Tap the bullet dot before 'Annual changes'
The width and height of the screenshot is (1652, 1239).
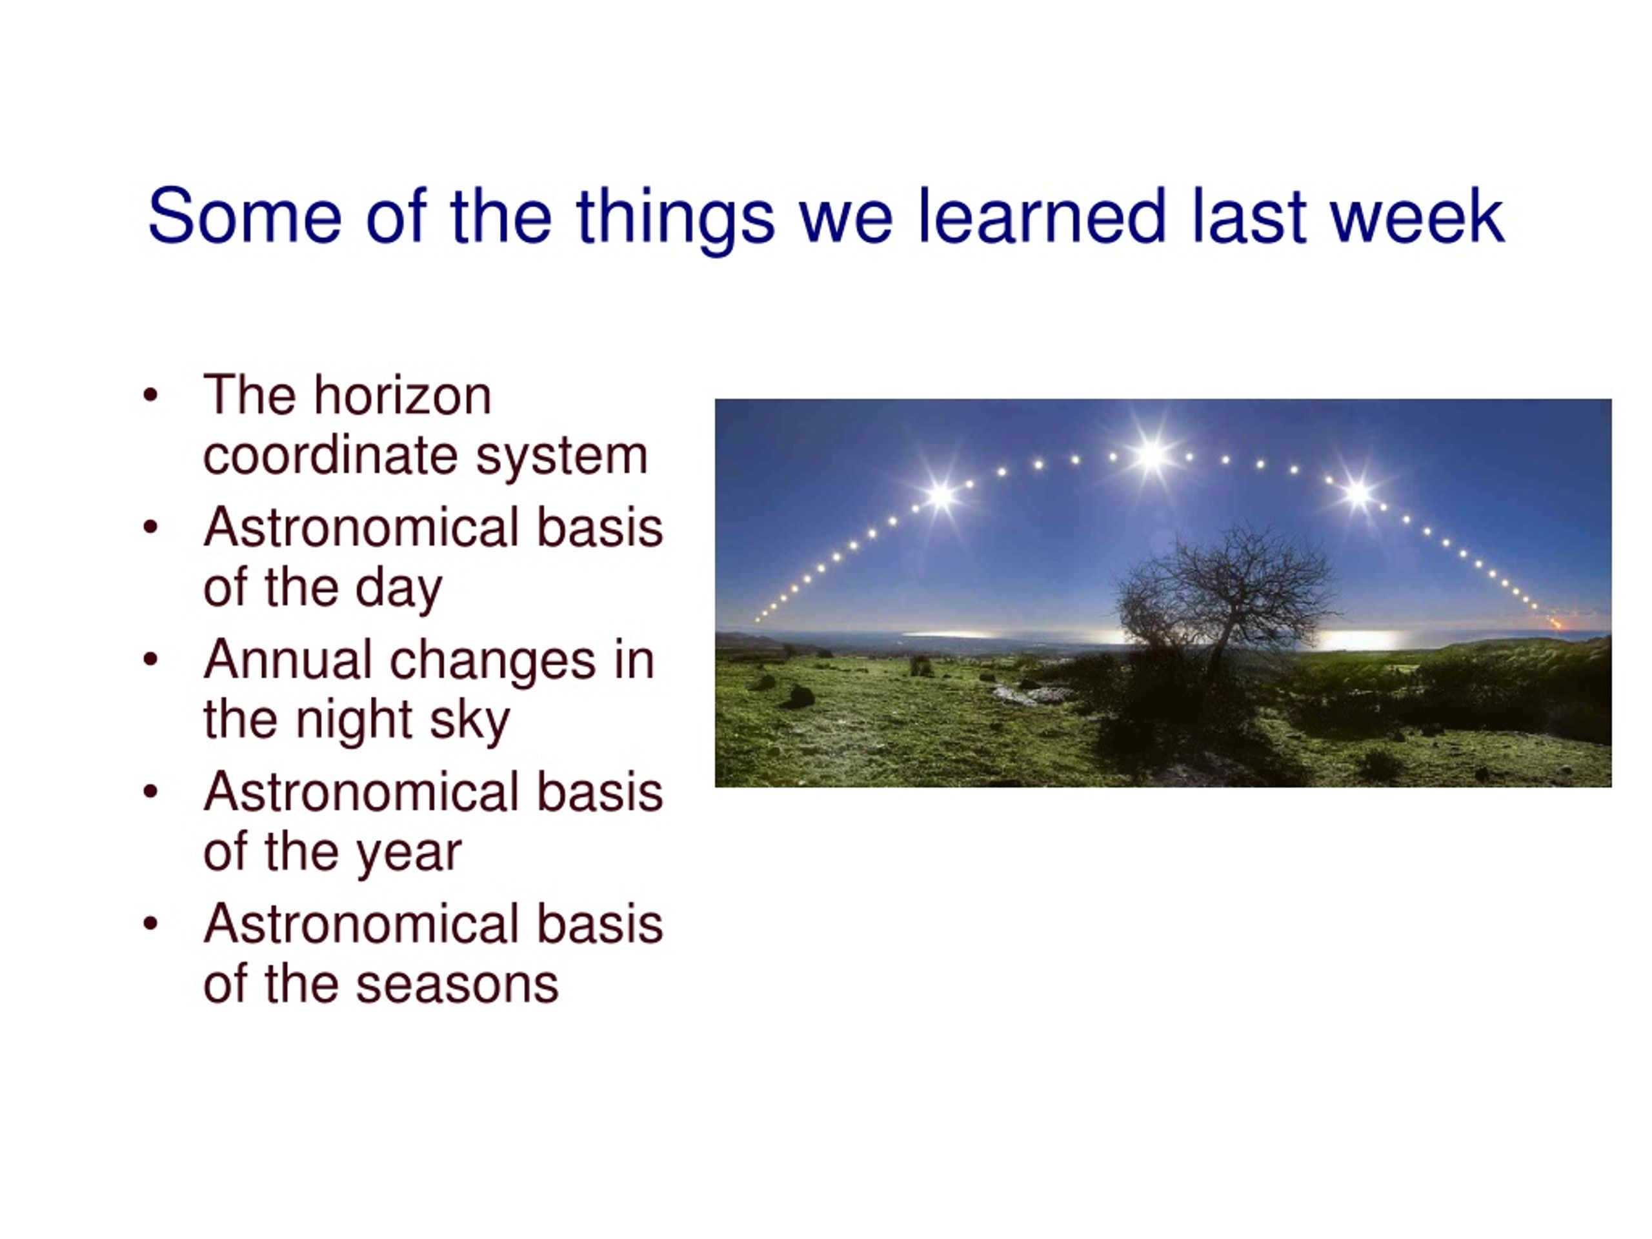[151, 660]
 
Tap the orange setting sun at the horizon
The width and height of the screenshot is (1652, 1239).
[1556, 623]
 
